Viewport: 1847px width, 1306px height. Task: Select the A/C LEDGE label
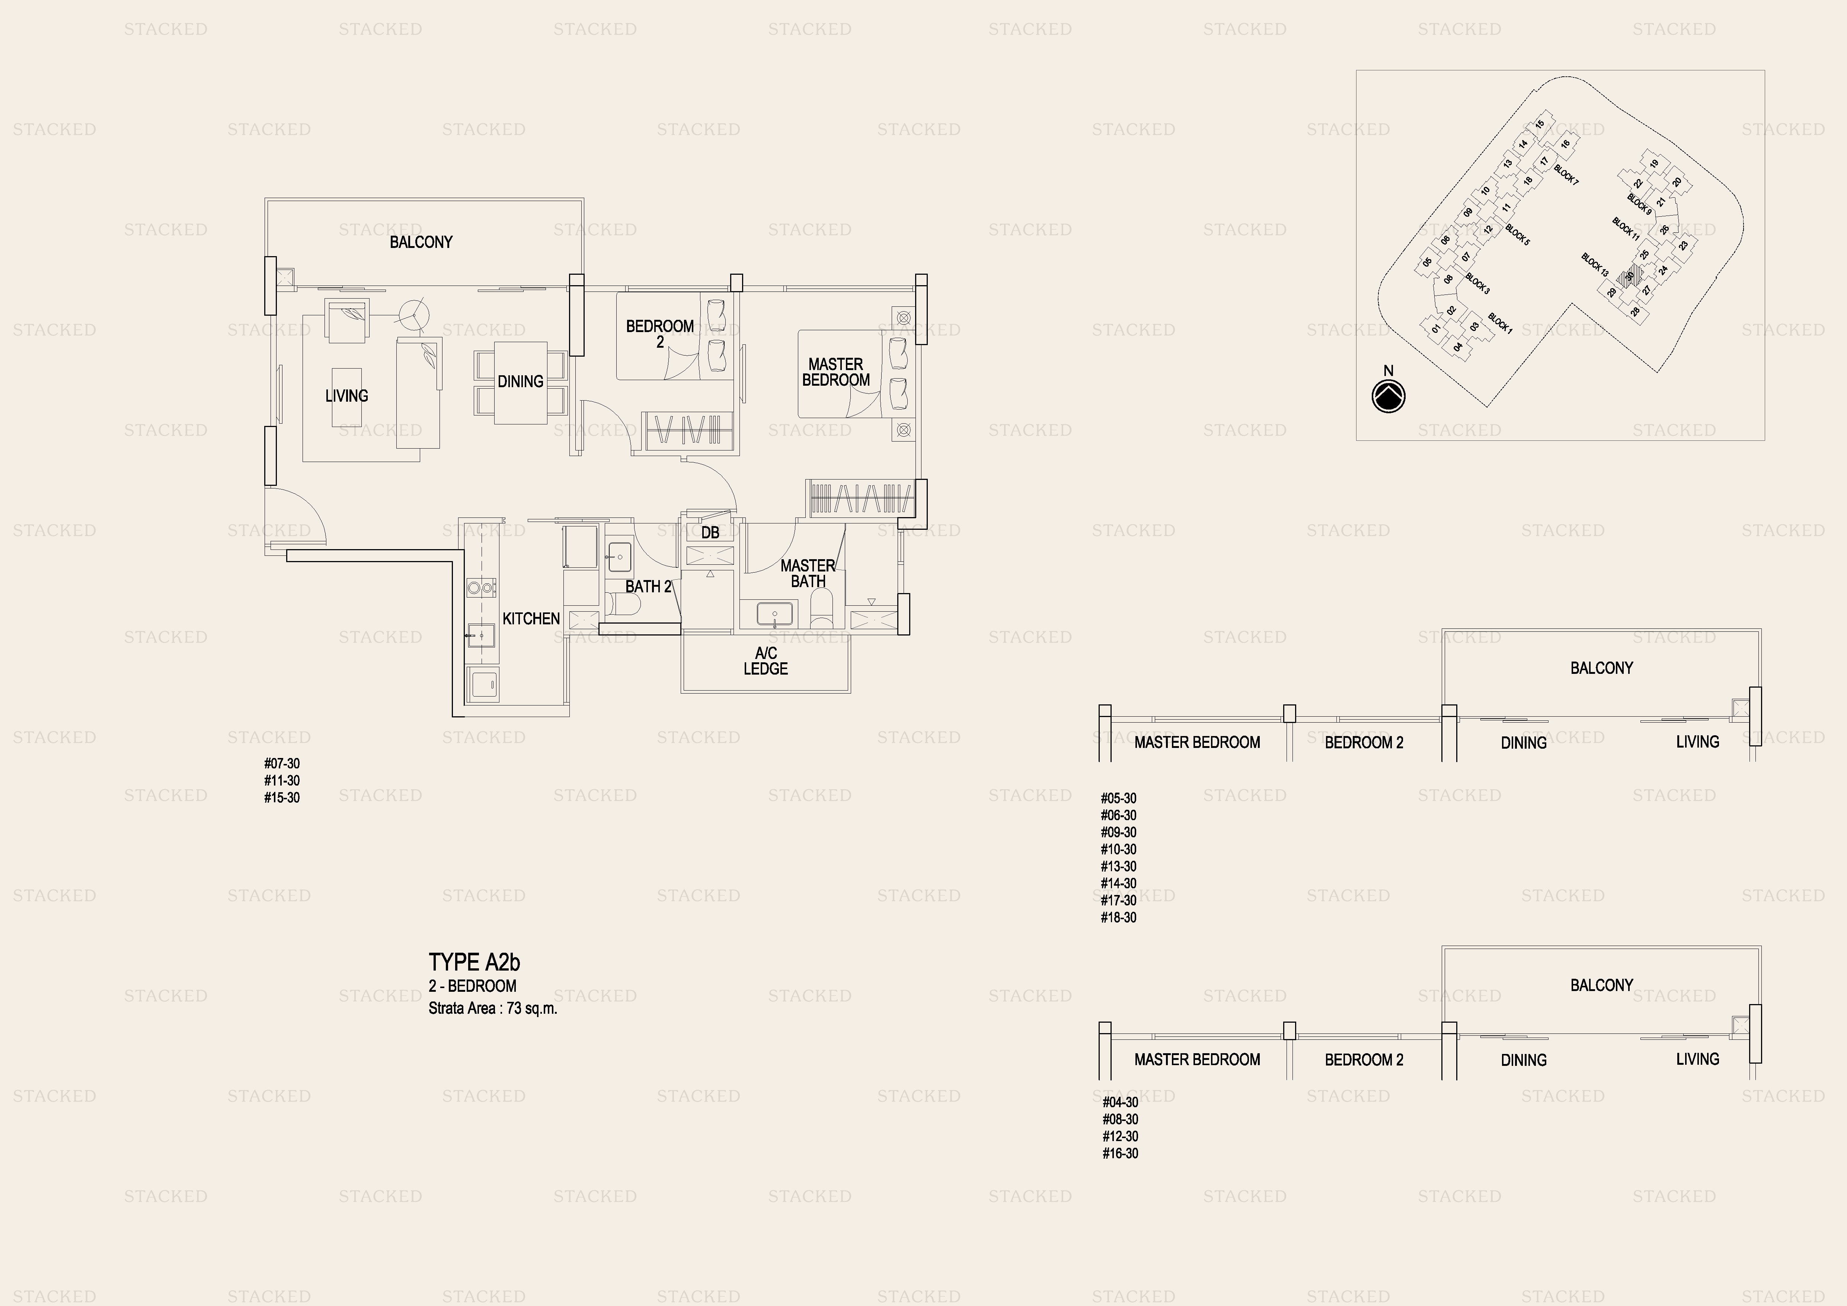point(766,661)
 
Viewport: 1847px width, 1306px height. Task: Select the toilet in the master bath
point(822,608)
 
